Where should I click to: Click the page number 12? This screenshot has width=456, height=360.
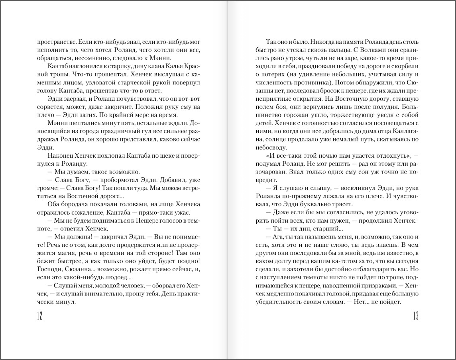pos(39,316)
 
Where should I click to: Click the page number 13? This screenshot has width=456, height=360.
pos(414,316)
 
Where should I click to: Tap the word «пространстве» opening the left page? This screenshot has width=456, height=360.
pos(54,42)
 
